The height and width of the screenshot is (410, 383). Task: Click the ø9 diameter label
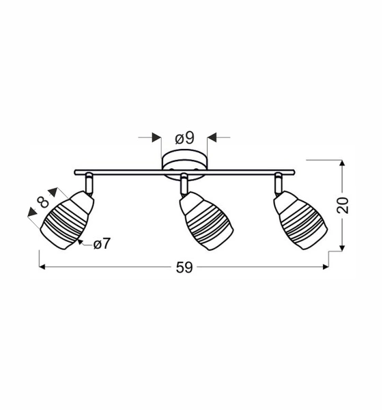click(x=184, y=138)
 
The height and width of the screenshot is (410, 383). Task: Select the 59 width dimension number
click(x=184, y=267)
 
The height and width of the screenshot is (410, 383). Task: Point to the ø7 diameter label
click(x=101, y=243)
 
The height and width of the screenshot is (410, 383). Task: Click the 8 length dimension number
click(x=43, y=202)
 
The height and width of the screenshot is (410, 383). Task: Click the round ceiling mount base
click(x=184, y=163)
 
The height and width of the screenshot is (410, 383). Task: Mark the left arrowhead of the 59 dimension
click(x=43, y=267)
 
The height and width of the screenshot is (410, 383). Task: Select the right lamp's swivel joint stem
click(x=278, y=182)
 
